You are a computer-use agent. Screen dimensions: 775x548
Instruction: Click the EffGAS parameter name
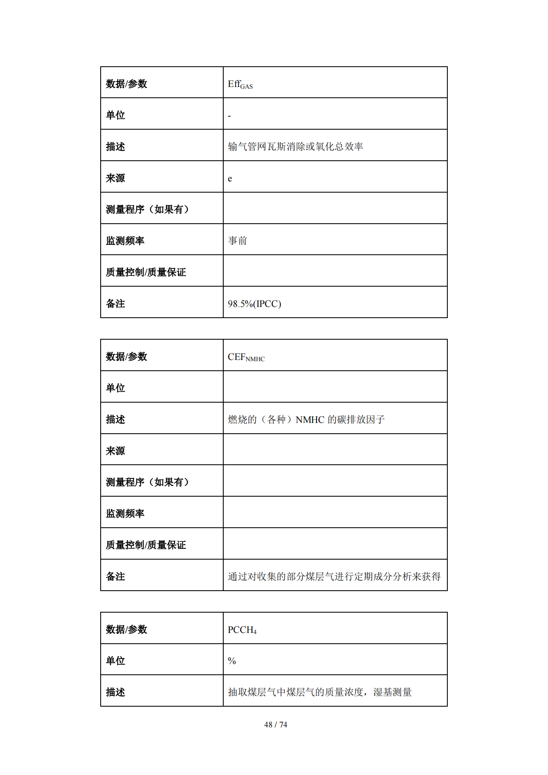pyautogui.click(x=240, y=85)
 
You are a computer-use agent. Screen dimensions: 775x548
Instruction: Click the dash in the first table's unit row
pyautogui.click(x=229, y=116)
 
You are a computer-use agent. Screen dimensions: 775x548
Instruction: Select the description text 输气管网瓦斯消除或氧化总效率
pyautogui.click(x=295, y=147)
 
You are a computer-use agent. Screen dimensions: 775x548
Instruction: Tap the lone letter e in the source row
pyautogui.click(x=230, y=179)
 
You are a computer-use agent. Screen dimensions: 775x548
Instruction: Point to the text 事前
pyautogui.click(x=237, y=241)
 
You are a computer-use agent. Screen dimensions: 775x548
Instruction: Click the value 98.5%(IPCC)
pyautogui.click(x=254, y=304)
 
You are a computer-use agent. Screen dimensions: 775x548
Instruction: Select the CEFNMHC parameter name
pyautogui.click(x=246, y=357)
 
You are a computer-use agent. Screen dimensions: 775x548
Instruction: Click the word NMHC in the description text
pyautogui.click(x=310, y=420)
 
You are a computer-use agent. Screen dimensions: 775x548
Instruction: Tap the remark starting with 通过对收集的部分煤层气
pyautogui.click(x=334, y=577)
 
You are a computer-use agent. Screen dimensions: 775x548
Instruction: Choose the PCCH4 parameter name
pyautogui.click(x=242, y=630)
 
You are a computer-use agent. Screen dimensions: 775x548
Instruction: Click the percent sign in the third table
pyautogui.click(x=232, y=661)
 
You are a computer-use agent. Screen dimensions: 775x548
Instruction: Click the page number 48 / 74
pyautogui.click(x=275, y=724)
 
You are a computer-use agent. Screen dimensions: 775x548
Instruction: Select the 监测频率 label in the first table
pyautogui.click(x=125, y=241)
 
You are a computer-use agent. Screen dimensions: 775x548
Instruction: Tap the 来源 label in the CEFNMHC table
pyautogui.click(x=115, y=451)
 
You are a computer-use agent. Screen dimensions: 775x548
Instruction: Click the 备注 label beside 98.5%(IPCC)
pyautogui.click(x=115, y=304)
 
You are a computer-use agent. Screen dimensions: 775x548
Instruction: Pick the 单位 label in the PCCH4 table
pyautogui.click(x=115, y=661)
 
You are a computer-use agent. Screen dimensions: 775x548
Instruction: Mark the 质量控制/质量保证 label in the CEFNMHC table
pyautogui.click(x=146, y=545)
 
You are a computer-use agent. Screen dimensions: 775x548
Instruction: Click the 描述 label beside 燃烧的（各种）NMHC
pyautogui.click(x=115, y=420)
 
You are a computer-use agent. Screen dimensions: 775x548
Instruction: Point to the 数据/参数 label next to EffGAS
pyautogui.click(x=126, y=84)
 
